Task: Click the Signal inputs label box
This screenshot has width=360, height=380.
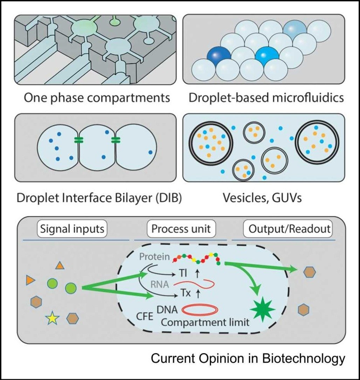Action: [72, 229]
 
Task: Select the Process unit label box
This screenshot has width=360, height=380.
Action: [181, 229]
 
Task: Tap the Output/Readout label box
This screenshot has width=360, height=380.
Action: [288, 229]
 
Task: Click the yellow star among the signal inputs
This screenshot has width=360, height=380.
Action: [53, 318]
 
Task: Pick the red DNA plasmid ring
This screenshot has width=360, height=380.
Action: [200, 310]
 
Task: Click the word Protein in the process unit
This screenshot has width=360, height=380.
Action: [154, 257]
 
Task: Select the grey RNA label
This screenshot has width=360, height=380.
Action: [160, 284]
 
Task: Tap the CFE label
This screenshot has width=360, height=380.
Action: [145, 316]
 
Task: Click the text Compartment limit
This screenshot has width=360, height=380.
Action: [205, 323]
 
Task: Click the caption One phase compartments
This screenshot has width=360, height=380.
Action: [97, 98]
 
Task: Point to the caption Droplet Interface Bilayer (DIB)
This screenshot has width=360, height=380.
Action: [99, 198]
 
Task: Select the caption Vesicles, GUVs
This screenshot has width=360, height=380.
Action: [262, 198]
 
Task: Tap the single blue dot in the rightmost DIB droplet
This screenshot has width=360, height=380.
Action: [151, 152]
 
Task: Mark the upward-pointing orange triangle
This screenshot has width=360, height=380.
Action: [60, 266]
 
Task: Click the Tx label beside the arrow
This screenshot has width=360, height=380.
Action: [186, 293]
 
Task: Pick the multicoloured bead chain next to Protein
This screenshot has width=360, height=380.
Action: [196, 259]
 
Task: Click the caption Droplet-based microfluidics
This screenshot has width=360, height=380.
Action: [266, 98]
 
